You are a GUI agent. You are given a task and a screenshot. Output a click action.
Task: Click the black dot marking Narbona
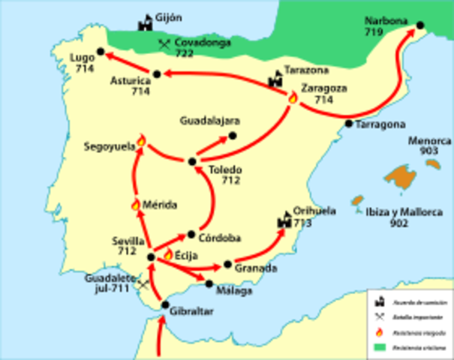pos(420,25)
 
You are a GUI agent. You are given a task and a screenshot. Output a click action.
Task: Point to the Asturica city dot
pos(157,73)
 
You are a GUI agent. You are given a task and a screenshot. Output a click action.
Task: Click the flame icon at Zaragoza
pos(292,97)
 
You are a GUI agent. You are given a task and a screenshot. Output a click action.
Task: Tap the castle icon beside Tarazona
pos(276,77)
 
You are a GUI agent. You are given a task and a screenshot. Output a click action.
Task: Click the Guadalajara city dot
pos(232,135)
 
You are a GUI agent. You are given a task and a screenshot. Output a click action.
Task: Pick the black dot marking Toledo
pos(192,161)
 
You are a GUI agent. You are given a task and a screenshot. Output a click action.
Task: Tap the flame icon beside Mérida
pos(136,204)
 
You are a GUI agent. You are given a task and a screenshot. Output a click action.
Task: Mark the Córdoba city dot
pos(191,233)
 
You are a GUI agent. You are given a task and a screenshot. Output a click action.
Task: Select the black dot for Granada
pos(227,265)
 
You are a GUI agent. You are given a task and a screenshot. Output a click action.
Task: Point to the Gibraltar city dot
pos(166,305)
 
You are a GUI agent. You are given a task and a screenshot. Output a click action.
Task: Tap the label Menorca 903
pos(426,145)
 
